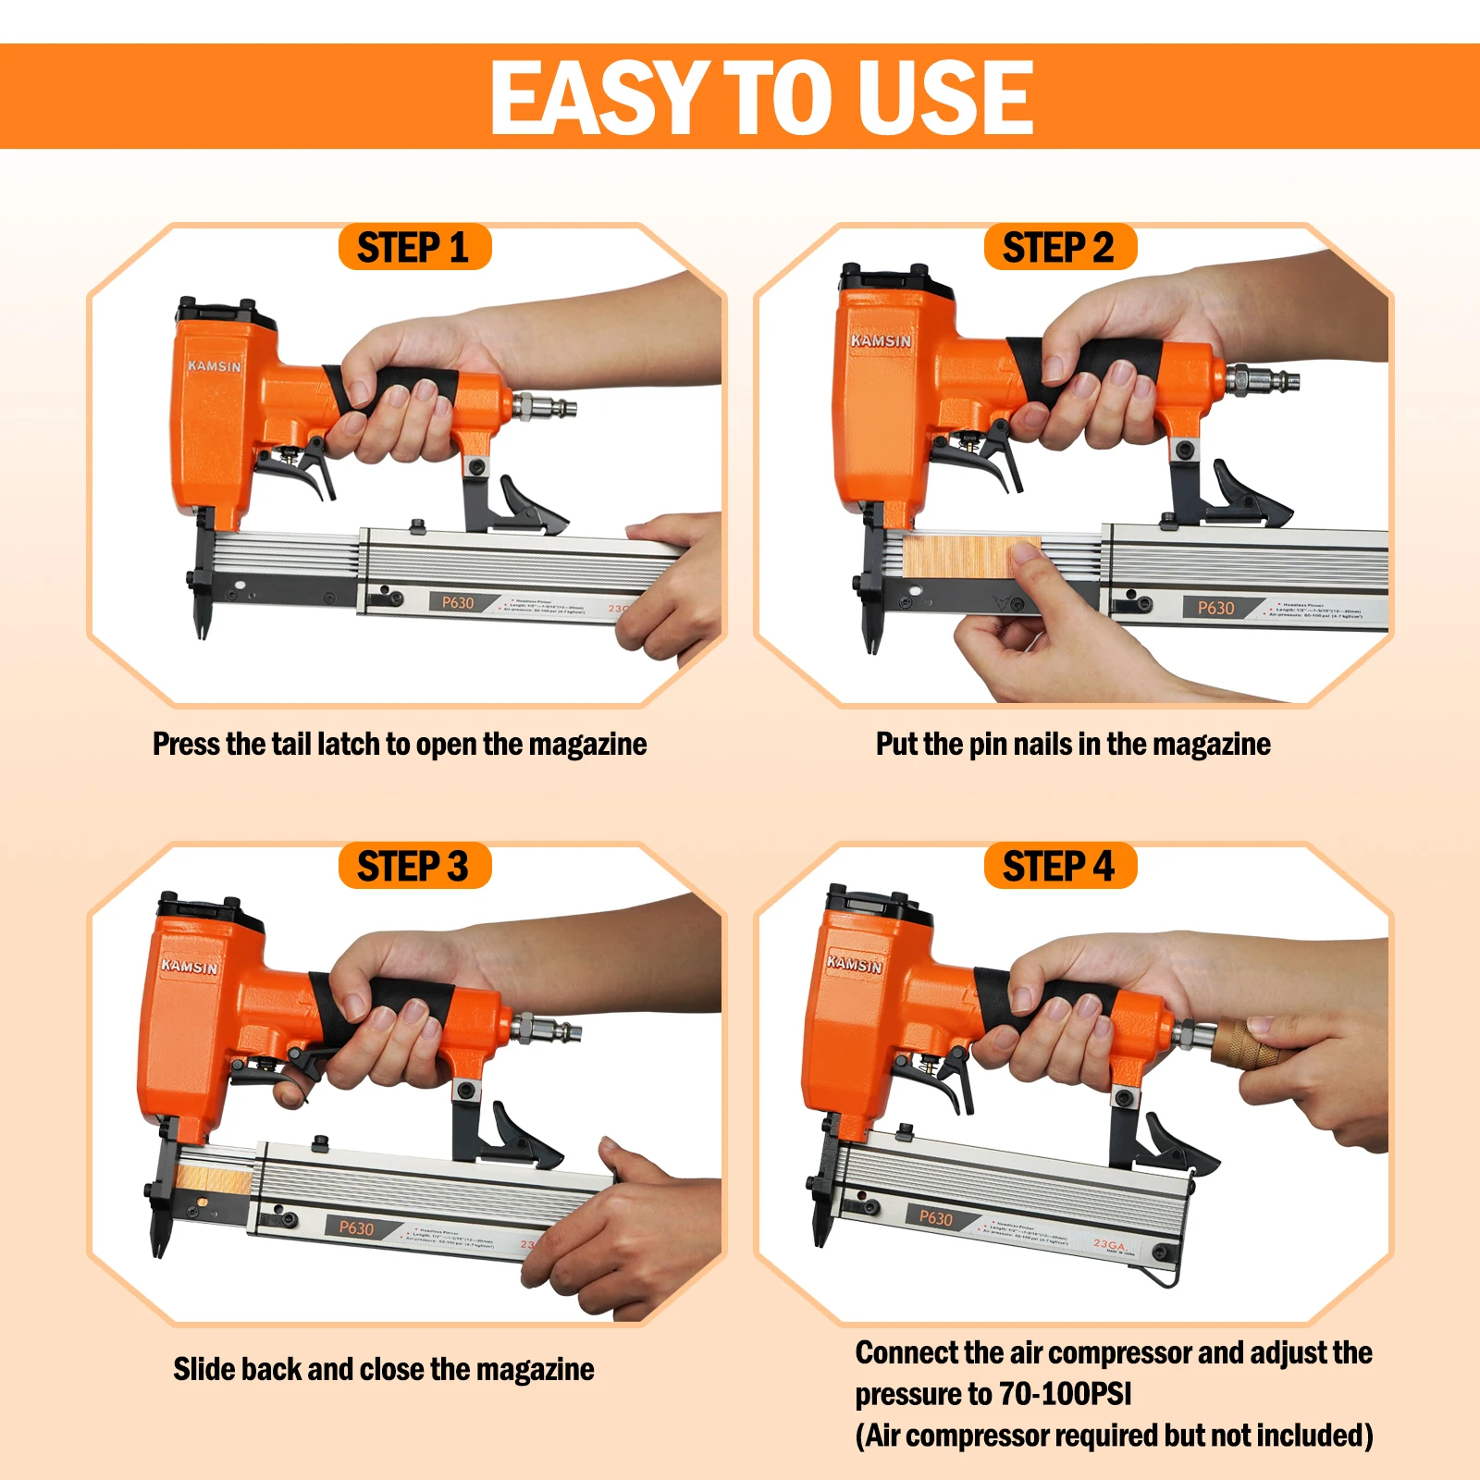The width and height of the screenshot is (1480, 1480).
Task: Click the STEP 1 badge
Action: click(x=413, y=248)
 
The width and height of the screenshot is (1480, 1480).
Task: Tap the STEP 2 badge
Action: click(x=1059, y=248)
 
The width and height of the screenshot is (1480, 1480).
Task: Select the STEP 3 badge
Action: click(x=413, y=867)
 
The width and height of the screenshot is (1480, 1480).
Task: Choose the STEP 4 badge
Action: click(x=1059, y=867)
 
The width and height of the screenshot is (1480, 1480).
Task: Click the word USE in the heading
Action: click(x=943, y=97)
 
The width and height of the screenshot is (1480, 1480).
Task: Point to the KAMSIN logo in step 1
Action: click(x=215, y=366)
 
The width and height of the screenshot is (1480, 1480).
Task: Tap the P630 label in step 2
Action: click(x=1215, y=608)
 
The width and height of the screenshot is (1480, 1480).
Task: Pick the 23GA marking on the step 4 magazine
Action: click(x=1108, y=1245)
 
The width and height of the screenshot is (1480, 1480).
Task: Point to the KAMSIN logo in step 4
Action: click(x=854, y=964)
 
